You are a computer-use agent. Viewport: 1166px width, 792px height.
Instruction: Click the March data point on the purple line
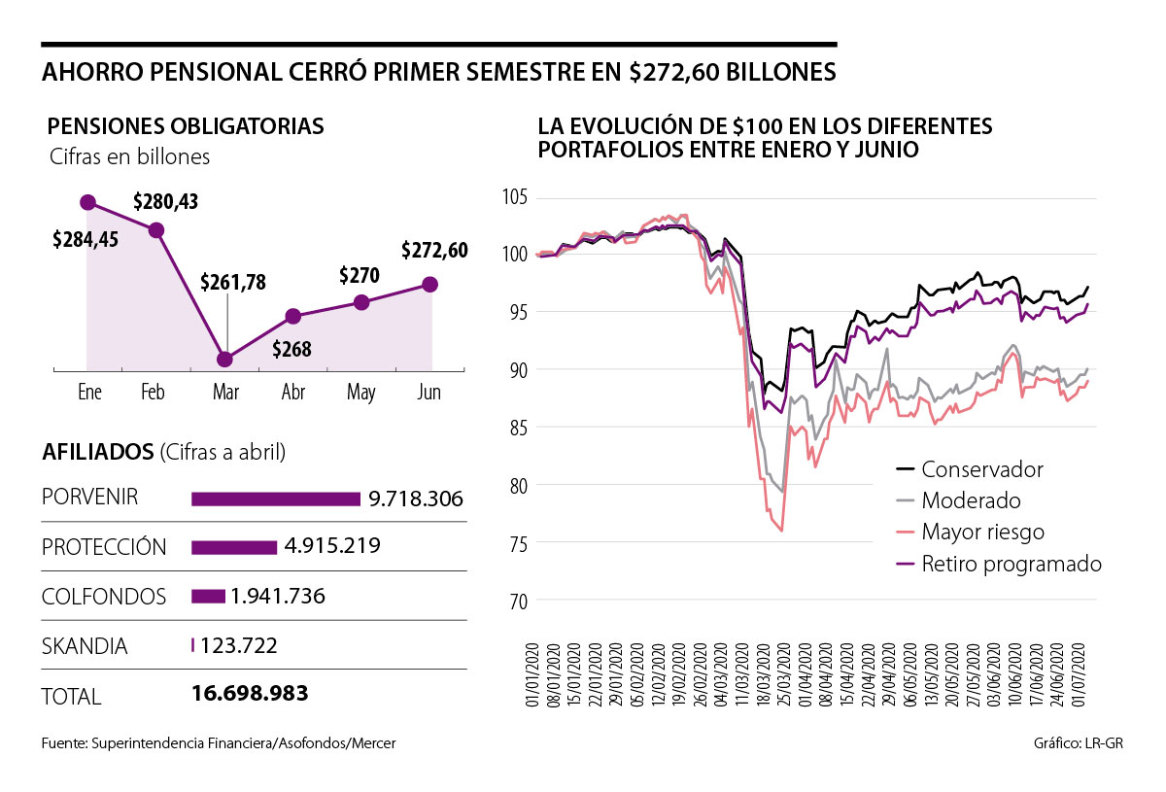point(225,359)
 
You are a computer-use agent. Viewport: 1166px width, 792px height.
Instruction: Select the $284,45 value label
point(86,239)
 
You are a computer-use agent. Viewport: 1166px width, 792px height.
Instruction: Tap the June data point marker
point(430,284)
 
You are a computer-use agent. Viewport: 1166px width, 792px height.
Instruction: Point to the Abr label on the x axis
point(293,393)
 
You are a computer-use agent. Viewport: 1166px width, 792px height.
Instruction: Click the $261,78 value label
point(233,283)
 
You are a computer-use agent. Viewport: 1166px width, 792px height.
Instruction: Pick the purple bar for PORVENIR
point(276,499)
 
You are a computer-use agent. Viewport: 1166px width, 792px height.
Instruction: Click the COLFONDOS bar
point(208,596)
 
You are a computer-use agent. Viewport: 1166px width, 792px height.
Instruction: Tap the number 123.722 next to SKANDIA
point(239,644)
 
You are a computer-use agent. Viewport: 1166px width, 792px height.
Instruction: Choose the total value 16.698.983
point(251,694)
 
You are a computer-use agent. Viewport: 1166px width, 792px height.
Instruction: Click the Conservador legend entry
point(981,469)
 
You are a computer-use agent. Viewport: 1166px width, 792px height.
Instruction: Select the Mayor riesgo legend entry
point(982,532)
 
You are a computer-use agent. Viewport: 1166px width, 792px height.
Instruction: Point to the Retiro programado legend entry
point(1011,564)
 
